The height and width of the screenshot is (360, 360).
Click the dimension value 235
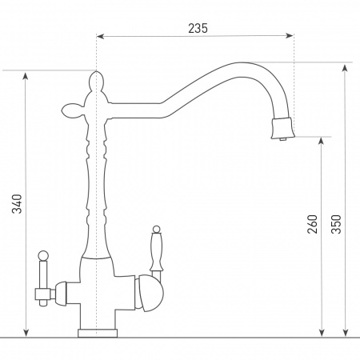coord(198,28)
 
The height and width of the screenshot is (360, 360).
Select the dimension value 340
coord(17,204)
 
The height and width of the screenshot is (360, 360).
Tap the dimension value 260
coord(313,224)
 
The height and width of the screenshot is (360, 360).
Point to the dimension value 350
coord(336,224)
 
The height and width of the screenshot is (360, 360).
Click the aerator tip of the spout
coord(283,129)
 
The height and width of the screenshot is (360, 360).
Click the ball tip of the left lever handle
coord(43,256)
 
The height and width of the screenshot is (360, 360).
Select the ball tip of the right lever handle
coord(156,230)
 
